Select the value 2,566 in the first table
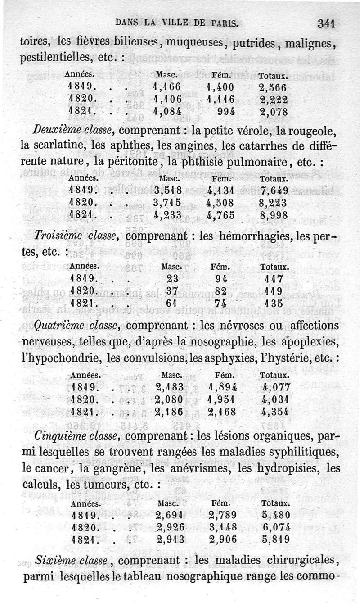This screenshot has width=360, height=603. click(x=273, y=86)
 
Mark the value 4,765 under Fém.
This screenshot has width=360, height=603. click(x=220, y=215)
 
